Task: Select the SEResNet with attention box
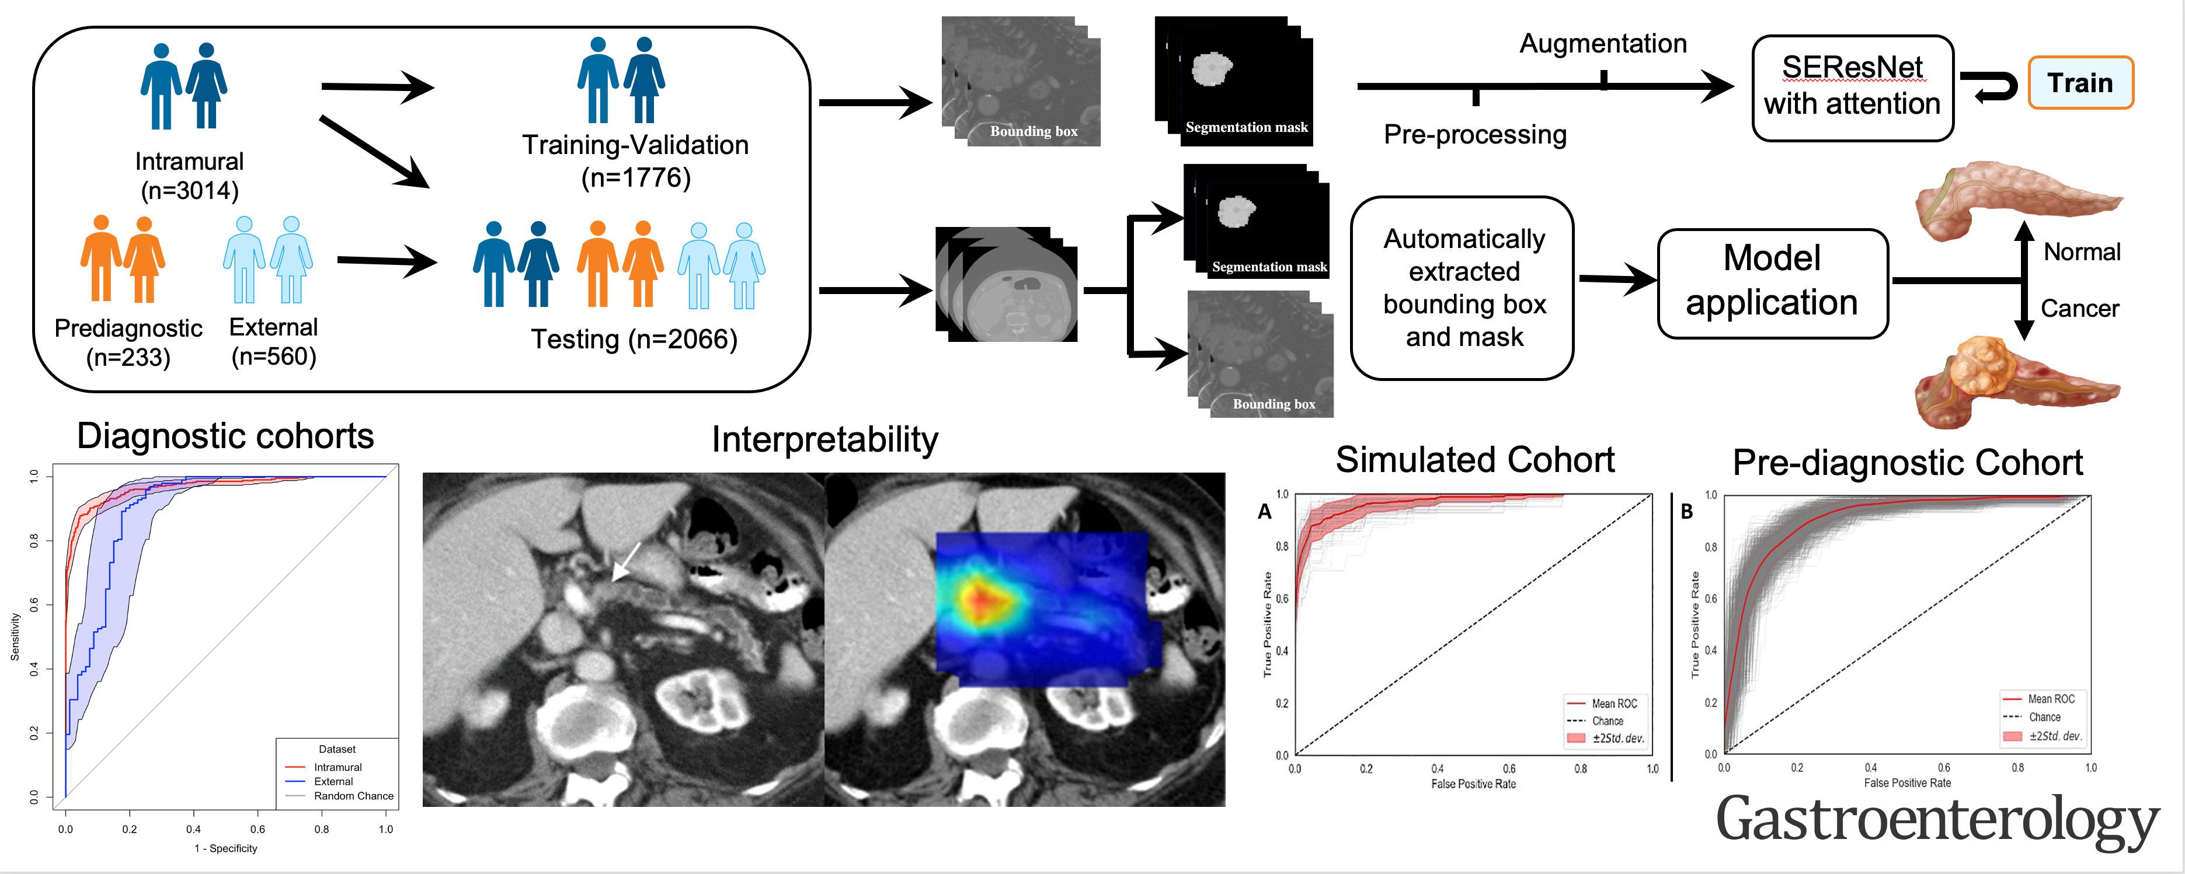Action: tap(1853, 88)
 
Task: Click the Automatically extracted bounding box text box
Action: tap(1463, 288)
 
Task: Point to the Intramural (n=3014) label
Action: tap(189, 176)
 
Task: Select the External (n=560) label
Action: tap(273, 342)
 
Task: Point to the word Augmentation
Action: tap(1602, 43)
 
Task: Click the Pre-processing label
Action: tap(1475, 134)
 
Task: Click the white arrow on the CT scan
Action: tap(627, 562)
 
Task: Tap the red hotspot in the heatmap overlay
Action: tap(982, 599)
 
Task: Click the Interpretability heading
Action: tap(824, 439)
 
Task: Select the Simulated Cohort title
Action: tap(1474, 460)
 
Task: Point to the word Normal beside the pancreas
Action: tap(2082, 252)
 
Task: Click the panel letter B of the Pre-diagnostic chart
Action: tap(1686, 512)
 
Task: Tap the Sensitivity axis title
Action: tap(15, 637)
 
